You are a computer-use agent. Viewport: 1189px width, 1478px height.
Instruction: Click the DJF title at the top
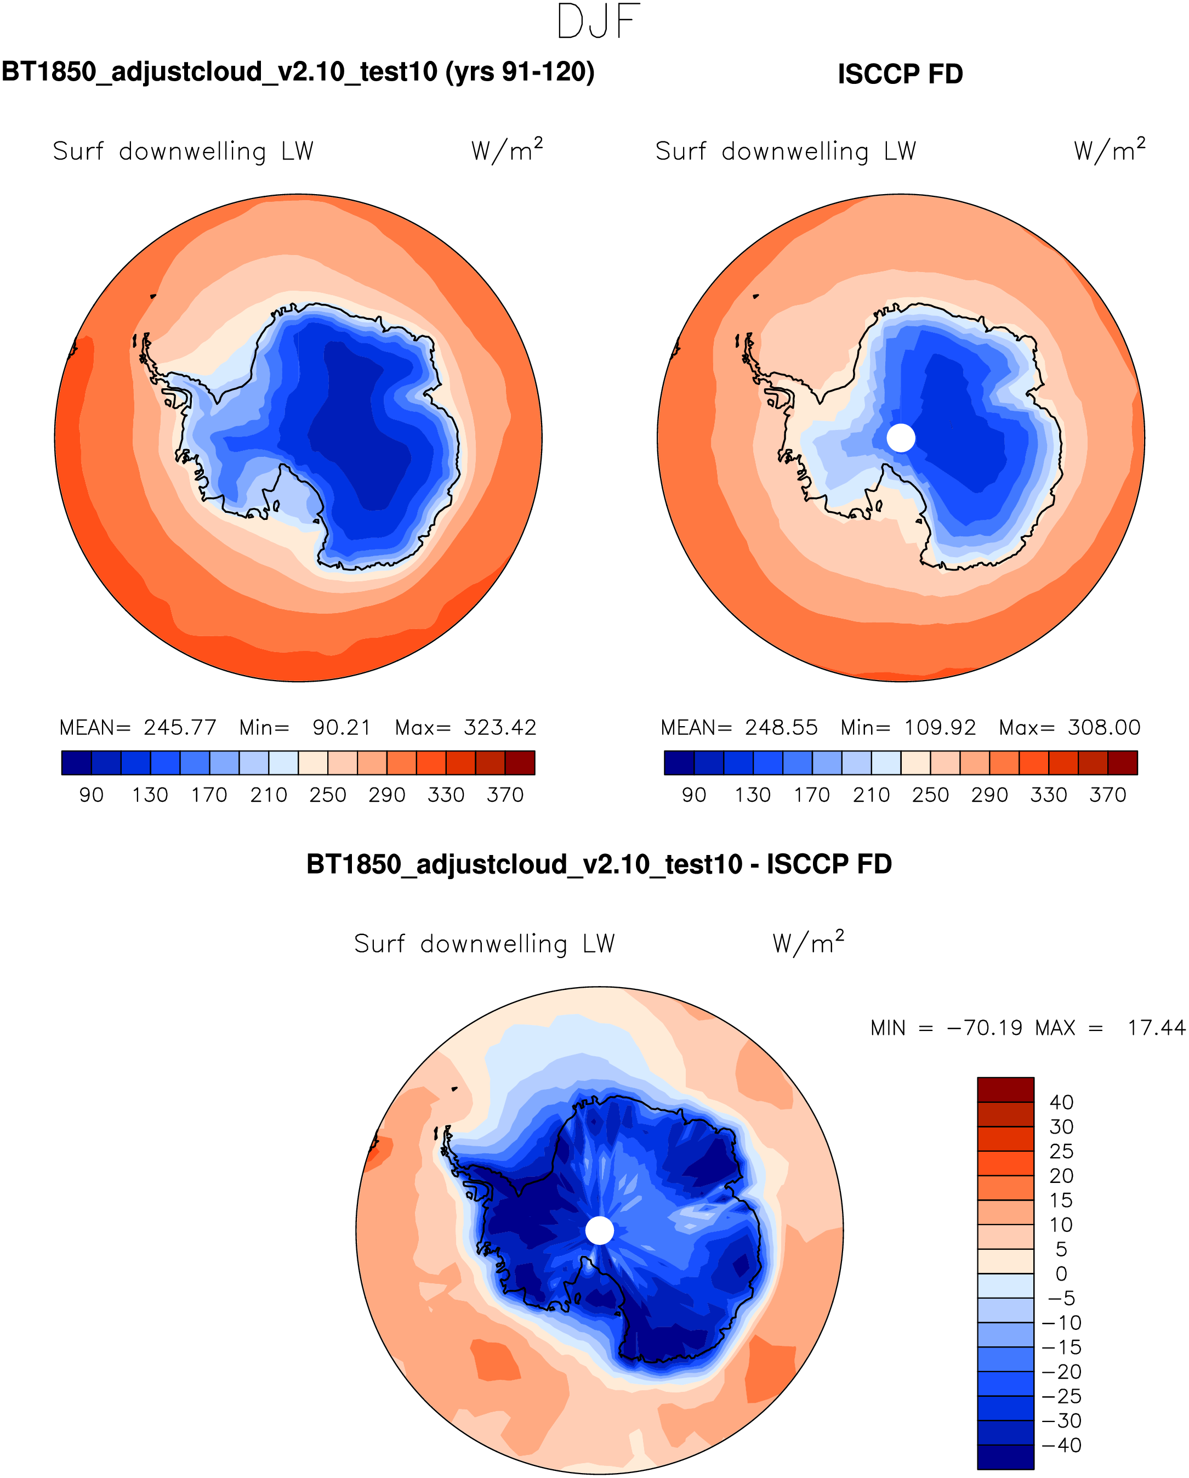[598, 21]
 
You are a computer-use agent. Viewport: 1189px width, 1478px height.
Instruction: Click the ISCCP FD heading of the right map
[900, 74]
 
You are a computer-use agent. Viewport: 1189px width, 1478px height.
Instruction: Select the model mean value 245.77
[180, 727]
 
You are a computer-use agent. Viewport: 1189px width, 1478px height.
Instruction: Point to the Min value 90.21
[342, 727]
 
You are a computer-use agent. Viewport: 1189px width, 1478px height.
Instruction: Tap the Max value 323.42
[499, 727]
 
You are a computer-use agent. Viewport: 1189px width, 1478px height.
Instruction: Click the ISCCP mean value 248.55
[781, 727]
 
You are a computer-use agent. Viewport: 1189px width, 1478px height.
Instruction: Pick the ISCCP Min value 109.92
[940, 727]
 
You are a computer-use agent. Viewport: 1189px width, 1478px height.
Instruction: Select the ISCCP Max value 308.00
[1103, 727]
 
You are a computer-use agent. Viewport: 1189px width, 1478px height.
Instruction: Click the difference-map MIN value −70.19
[984, 1028]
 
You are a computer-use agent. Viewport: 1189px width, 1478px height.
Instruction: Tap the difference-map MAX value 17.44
[1156, 1028]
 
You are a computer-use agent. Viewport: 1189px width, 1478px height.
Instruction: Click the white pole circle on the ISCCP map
[901, 438]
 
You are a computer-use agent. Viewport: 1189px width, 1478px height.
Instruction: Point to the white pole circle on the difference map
[600, 1231]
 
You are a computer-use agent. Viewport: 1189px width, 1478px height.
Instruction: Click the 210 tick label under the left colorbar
[269, 795]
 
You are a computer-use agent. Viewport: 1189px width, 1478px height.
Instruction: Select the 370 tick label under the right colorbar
[1107, 795]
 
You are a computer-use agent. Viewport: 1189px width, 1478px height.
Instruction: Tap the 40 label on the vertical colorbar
[1061, 1102]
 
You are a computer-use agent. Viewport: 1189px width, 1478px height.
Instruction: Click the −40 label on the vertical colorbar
[1061, 1445]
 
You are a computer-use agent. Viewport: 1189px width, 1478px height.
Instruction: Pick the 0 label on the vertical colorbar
[1061, 1273]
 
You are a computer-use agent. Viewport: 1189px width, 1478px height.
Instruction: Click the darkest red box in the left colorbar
[520, 763]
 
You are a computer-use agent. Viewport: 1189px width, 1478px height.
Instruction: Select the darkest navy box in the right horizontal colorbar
[679, 763]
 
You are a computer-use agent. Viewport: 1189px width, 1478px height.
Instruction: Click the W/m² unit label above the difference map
[808, 943]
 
